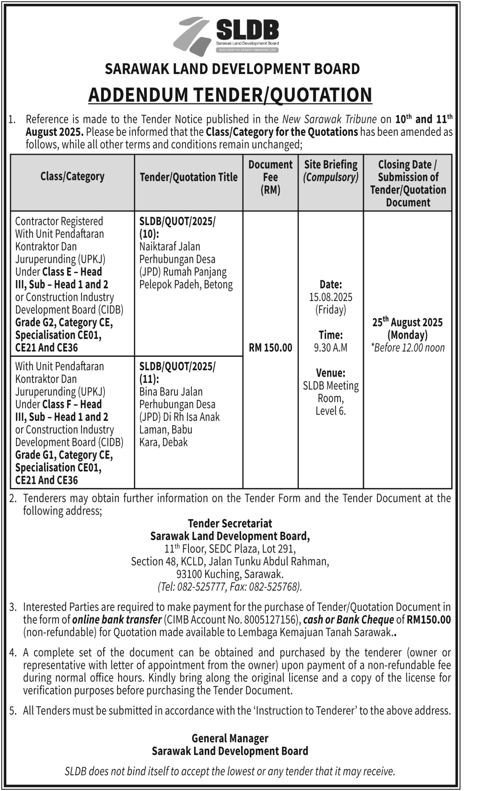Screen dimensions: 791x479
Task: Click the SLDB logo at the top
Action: pyautogui.click(x=226, y=35)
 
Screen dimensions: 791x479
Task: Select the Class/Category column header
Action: pyautogui.click(x=72, y=176)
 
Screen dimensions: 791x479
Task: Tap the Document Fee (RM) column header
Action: pyautogui.click(x=270, y=177)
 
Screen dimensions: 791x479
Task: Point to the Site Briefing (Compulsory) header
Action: pyautogui.click(x=331, y=171)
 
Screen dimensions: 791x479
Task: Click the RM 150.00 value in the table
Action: pyautogui.click(x=271, y=348)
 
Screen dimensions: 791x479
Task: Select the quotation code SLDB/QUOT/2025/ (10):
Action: pyautogui.click(x=177, y=227)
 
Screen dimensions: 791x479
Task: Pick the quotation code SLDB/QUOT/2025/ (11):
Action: pyautogui.click(x=177, y=372)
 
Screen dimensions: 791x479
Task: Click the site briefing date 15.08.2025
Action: pyautogui.click(x=331, y=297)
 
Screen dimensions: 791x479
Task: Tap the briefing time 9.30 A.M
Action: pyautogui.click(x=331, y=348)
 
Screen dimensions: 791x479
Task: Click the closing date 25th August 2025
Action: pyautogui.click(x=407, y=322)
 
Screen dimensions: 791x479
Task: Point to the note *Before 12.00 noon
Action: pyautogui.click(x=407, y=348)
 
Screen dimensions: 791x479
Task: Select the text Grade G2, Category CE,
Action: pyautogui.click(x=64, y=322)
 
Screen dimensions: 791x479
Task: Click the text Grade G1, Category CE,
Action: pyautogui.click(x=64, y=455)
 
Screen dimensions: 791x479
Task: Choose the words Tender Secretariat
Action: pyautogui.click(x=230, y=524)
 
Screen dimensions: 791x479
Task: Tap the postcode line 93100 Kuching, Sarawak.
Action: pyautogui.click(x=230, y=574)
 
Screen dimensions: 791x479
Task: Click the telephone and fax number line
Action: pyautogui.click(x=230, y=587)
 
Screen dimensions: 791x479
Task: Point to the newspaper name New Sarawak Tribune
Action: pyautogui.click(x=329, y=119)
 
